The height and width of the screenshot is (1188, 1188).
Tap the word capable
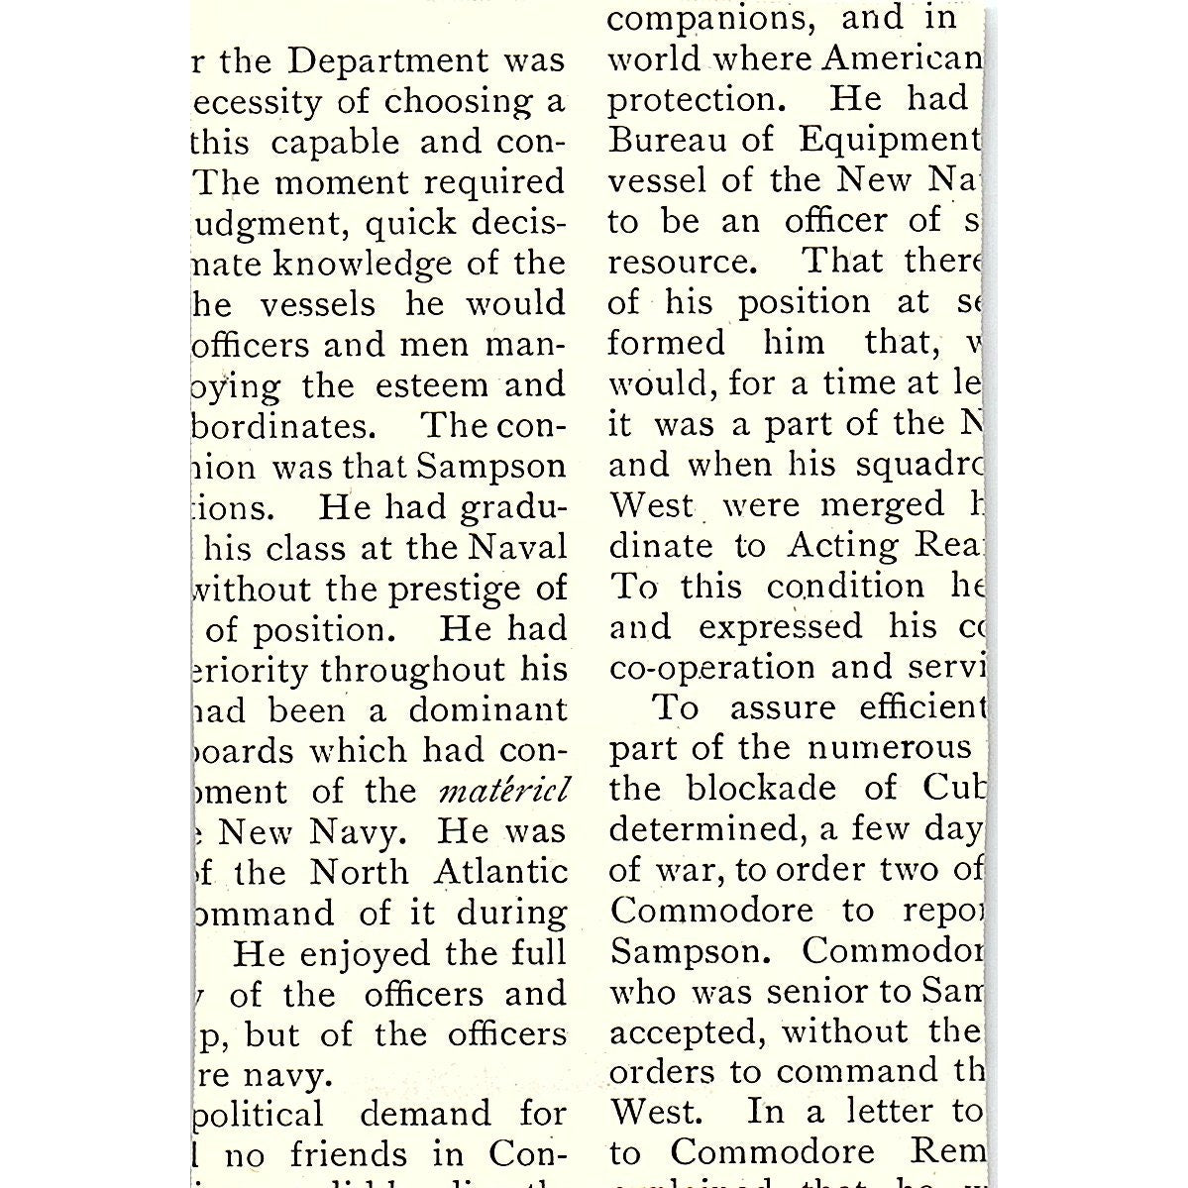point(335,143)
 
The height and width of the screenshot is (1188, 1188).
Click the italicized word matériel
point(502,792)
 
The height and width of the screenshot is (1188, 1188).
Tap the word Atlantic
point(500,872)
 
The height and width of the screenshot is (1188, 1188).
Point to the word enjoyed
point(367,953)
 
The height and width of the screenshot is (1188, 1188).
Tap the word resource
point(681,262)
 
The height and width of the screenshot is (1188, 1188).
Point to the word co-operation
point(713,668)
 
